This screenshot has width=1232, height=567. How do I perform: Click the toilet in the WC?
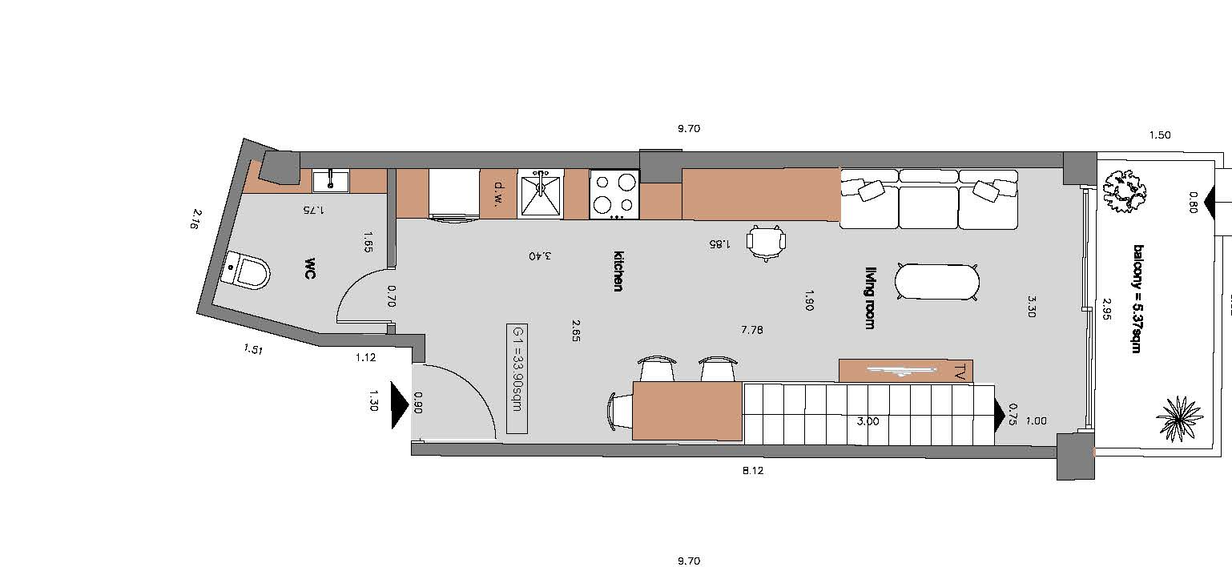click(248, 271)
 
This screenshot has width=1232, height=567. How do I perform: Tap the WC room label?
click(310, 267)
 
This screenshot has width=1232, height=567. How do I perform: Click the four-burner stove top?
click(614, 194)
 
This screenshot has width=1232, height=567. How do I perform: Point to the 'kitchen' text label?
click(618, 271)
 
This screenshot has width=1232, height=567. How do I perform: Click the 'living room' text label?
click(870, 298)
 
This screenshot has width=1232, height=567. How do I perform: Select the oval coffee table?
click(937, 282)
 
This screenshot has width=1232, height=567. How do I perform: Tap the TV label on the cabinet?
click(960, 372)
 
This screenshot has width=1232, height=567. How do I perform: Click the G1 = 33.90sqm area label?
click(517, 379)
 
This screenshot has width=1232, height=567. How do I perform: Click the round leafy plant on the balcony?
click(1125, 191)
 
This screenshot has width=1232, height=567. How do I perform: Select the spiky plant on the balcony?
click(1179, 419)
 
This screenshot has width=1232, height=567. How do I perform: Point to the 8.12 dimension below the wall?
click(753, 470)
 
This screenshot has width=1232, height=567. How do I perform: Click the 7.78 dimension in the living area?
click(752, 330)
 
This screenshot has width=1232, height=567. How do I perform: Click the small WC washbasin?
click(331, 181)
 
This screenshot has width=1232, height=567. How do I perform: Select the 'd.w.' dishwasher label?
click(499, 194)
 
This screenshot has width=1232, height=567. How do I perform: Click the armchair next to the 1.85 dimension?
click(766, 242)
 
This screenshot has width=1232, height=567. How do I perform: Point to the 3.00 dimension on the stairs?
click(868, 422)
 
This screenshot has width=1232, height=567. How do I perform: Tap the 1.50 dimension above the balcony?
click(1160, 135)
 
